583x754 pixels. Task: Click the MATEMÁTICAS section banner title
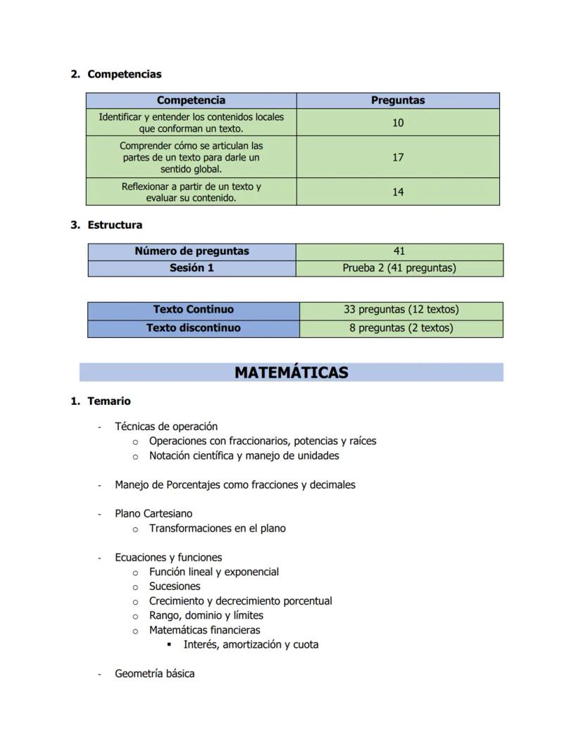tap(291, 372)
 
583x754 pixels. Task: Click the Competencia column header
tap(191, 100)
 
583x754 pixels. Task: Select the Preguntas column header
tap(398, 100)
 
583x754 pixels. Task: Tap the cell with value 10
tap(398, 122)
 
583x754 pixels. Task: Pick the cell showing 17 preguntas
tap(398, 157)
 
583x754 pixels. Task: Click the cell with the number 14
tap(398, 191)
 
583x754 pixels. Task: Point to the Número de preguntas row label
tap(192, 251)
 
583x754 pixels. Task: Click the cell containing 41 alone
tap(399, 251)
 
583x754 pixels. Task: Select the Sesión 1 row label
tap(192, 268)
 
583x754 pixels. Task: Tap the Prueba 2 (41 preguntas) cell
tap(399, 268)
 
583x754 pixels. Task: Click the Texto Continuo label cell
tap(193, 309)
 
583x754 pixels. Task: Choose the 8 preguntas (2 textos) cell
tap(401, 327)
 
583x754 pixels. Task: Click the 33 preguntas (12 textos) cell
tap(401, 309)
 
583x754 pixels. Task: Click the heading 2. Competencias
tap(124, 74)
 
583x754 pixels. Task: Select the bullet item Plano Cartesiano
tap(153, 513)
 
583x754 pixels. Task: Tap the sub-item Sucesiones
tap(175, 586)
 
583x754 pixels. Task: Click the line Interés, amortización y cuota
tap(251, 644)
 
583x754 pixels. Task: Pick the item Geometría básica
tap(155, 674)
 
